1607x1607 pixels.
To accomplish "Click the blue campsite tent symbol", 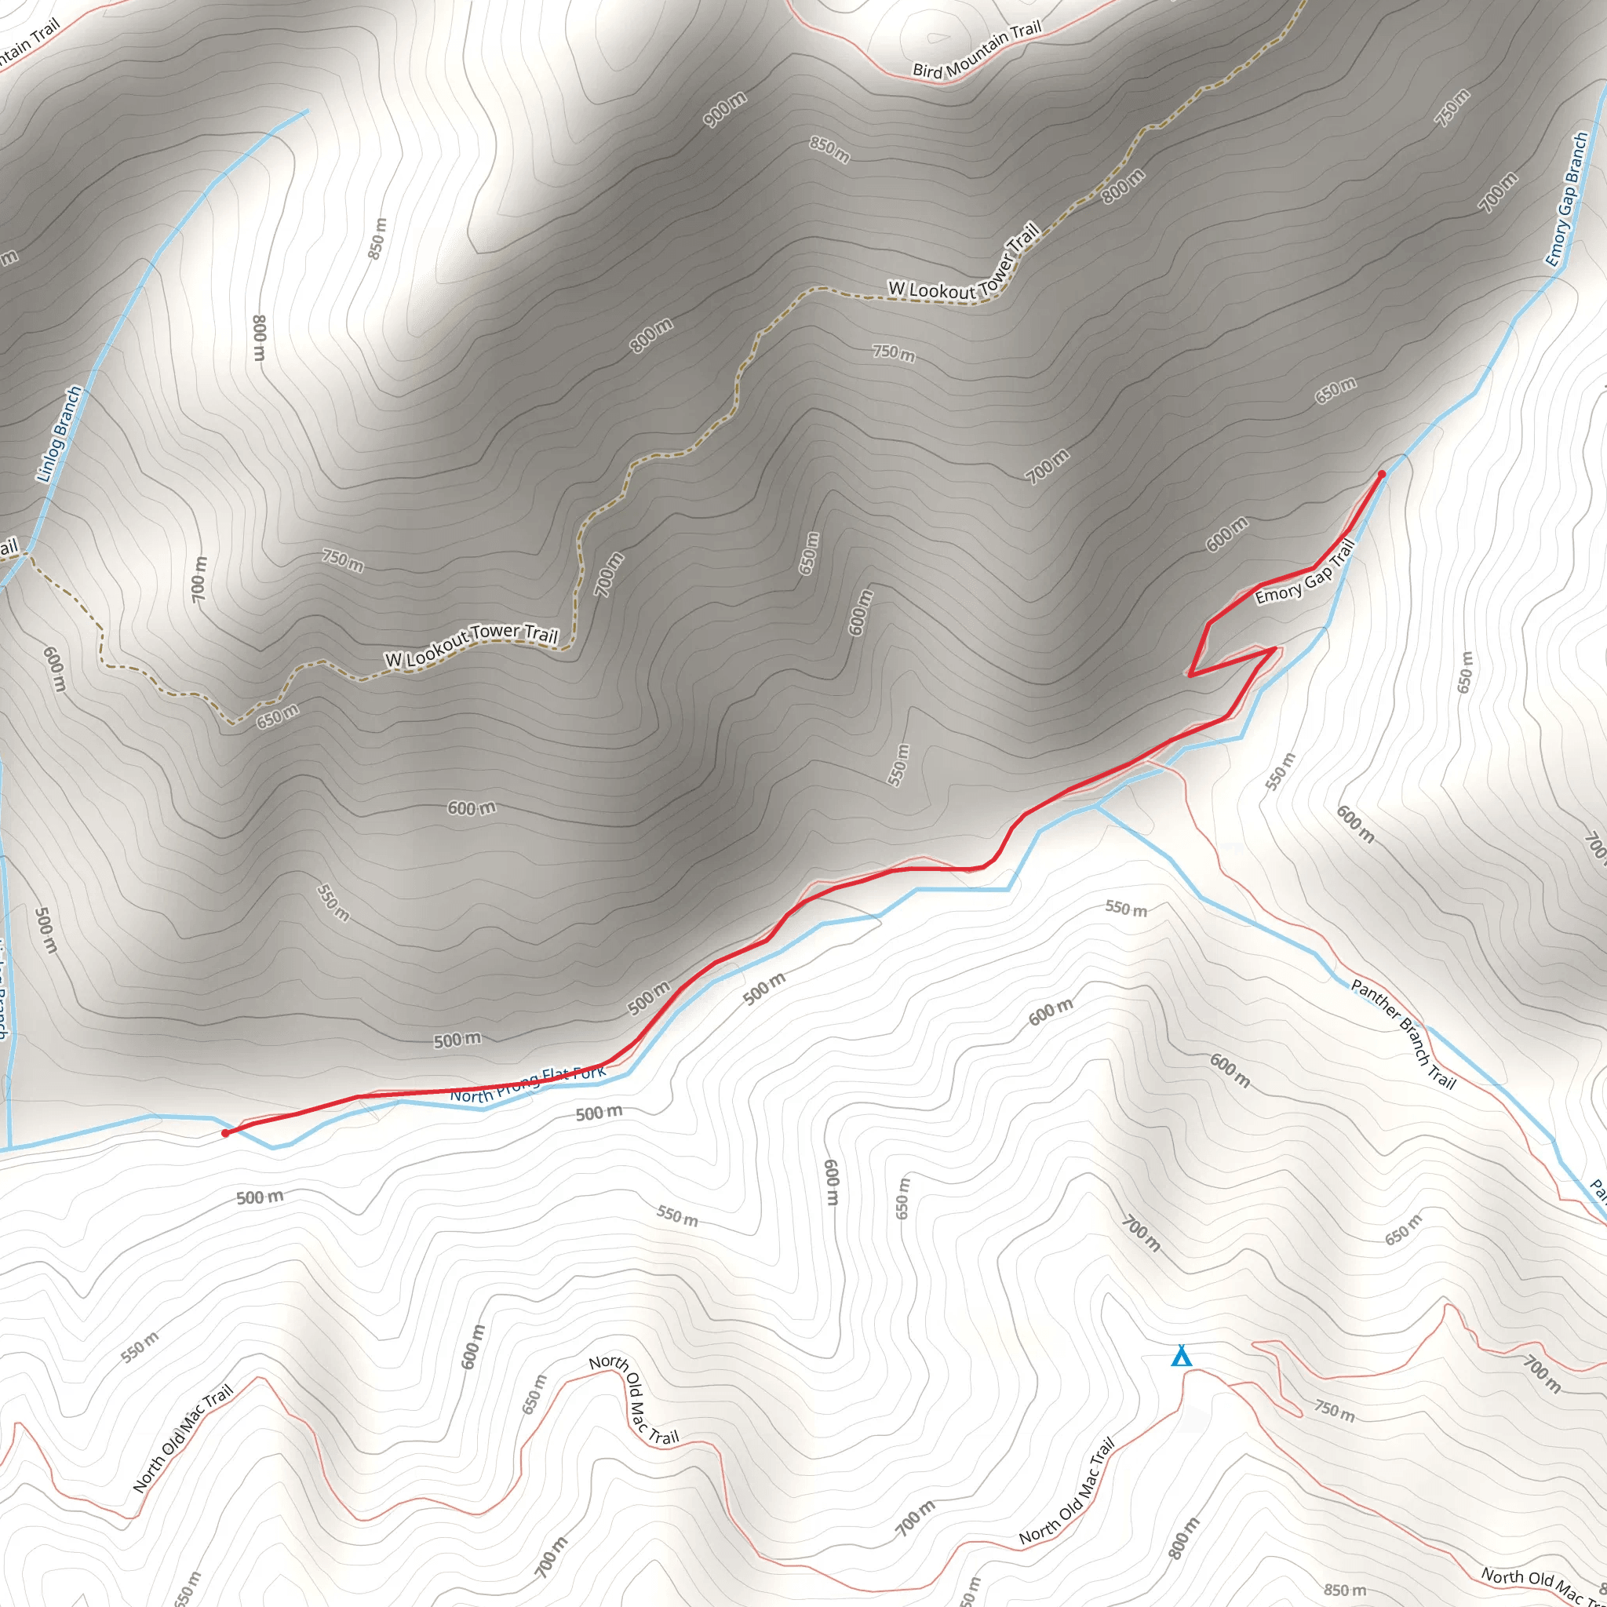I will (x=1181, y=1357).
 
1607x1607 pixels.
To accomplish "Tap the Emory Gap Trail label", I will (x=1304, y=574).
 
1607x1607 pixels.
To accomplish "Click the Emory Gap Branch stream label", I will (x=1567, y=199).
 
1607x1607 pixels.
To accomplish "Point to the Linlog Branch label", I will (x=59, y=434).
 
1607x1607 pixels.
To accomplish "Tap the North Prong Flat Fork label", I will (x=528, y=1085).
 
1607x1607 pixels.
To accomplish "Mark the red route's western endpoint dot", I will (x=225, y=1133).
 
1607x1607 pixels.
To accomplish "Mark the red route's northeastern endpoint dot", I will (x=1382, y=474).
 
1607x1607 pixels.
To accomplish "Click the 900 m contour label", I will (x=724, y=110).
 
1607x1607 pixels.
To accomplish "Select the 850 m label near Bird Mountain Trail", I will (x=829, y=150).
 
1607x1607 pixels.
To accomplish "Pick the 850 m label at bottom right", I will (x=1345, y=1591).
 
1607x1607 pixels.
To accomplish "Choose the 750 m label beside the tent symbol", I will (x=1334, y=1410).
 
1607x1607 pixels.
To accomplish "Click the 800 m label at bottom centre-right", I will (x=1183, y=1538).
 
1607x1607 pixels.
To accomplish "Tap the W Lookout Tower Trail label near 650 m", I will (x=471, y=646).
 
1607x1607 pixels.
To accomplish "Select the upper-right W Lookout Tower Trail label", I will (x=965, y=266).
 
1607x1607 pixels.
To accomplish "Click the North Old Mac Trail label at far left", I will (x=183, y=1439).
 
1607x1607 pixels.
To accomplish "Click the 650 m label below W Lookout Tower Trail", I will (x=277, y=716).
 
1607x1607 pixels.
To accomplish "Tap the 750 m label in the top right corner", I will (x=1452, y=108).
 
